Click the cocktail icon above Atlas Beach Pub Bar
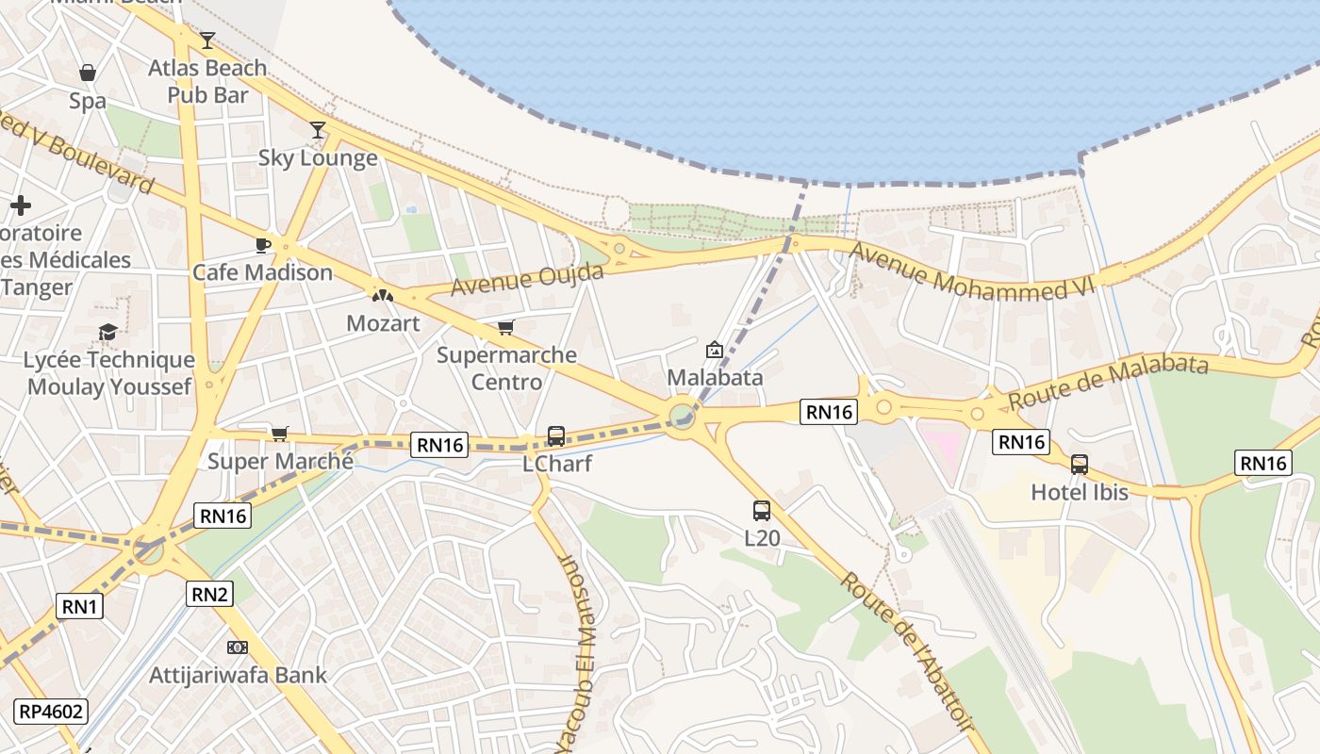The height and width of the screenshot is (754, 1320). (x=207, y=41)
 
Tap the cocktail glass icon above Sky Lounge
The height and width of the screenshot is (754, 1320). (x=318, y=130)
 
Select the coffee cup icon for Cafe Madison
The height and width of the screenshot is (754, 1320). (x=263, y=245)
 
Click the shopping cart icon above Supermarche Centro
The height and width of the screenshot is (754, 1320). (x=506, y=328)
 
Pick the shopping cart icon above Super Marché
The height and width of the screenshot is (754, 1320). (x=279, y=434)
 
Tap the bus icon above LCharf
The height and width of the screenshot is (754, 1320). (x=556, y=436)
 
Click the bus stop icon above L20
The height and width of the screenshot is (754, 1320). (x=762, y=511)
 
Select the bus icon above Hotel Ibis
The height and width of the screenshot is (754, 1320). (x=1080, y=464)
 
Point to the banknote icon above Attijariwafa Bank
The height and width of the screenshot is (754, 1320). (x=238, y=647)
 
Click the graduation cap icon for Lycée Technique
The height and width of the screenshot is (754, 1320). (x=107, y=332)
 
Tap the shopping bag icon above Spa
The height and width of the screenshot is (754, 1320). (x=88, y=73)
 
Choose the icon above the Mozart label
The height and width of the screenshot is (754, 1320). (x=383, y=295)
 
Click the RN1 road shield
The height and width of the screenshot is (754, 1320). (x=80, y=606)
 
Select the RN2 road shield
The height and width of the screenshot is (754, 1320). (x=210, y=593)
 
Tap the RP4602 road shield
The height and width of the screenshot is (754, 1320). (x=50, y=711)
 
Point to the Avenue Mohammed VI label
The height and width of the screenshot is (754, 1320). (x=970, y=271)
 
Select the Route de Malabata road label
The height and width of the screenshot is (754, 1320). (x=1108, y=382)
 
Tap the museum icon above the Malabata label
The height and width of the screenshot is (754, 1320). (x=715, y=350)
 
